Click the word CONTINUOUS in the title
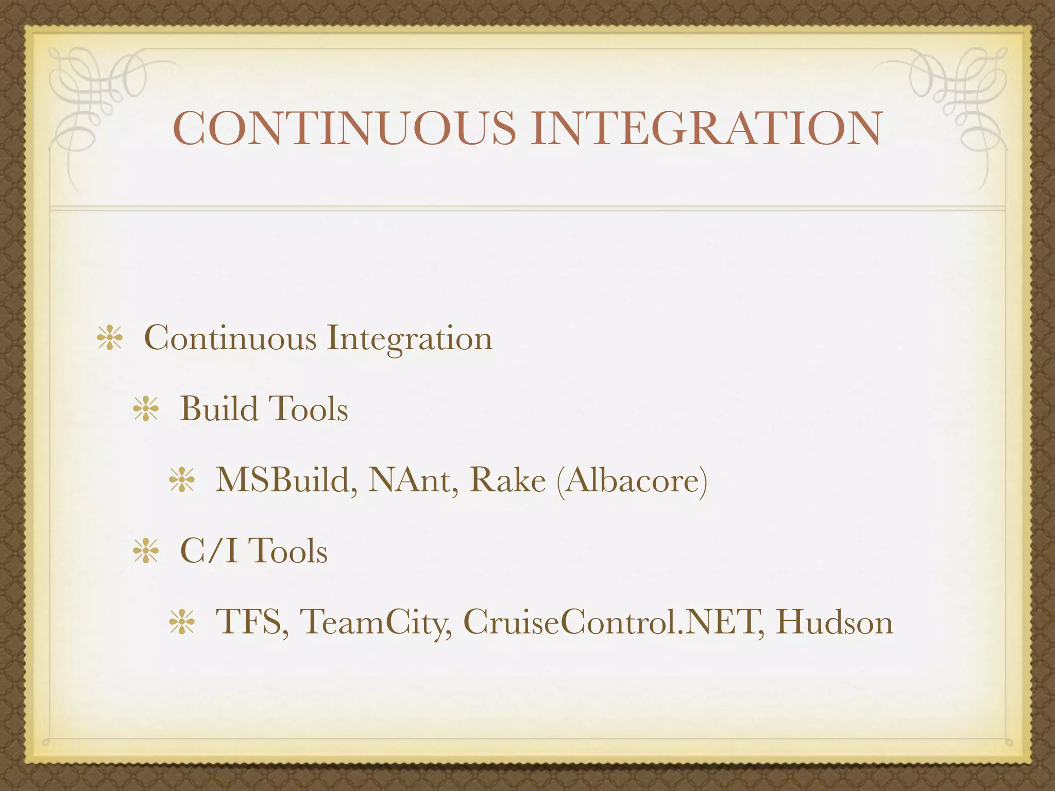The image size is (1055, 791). tap(344, 128)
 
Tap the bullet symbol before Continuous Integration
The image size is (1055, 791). tap(109, 339)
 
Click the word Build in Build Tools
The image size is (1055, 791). tap(218, 409)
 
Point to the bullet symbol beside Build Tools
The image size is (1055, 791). tap(145, 410)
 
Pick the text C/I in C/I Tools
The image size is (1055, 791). tap(209, 551)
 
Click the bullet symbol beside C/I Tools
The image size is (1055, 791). tap(145, 552)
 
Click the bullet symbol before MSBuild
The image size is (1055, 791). tap(181, 481)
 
